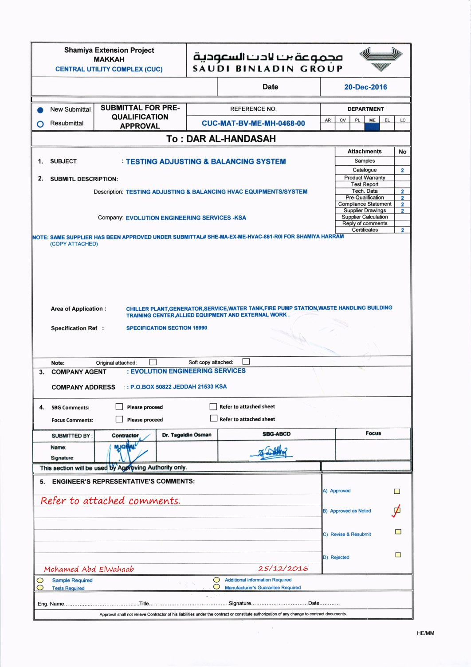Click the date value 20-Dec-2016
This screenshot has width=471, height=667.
pos(365,87)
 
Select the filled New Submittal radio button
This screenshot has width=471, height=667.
pos(40,110)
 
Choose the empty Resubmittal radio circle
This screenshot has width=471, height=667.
pos(40,124)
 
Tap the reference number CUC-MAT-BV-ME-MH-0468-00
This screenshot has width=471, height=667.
pos(253,123)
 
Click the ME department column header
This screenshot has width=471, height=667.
pos(372,120)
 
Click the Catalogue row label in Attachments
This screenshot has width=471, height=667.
pos(365,170)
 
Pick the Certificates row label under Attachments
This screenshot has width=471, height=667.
pos(365,230)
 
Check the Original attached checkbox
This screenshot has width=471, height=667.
pos(153,362)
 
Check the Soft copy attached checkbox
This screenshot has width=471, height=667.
pos(246,362)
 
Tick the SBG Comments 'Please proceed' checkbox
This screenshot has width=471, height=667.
pos(119,406)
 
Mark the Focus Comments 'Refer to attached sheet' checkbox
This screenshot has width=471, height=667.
pos(214,418)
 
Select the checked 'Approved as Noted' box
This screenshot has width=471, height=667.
pos(397,511)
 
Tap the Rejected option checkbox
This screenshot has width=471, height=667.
pos(398,555)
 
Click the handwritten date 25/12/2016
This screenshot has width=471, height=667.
pos(283,568)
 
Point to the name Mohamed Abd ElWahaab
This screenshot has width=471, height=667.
pos(89,569)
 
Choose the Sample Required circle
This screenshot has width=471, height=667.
pos(40,580)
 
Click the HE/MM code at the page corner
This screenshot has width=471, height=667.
pos(425,633)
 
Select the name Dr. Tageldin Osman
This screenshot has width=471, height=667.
pos(187,435)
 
